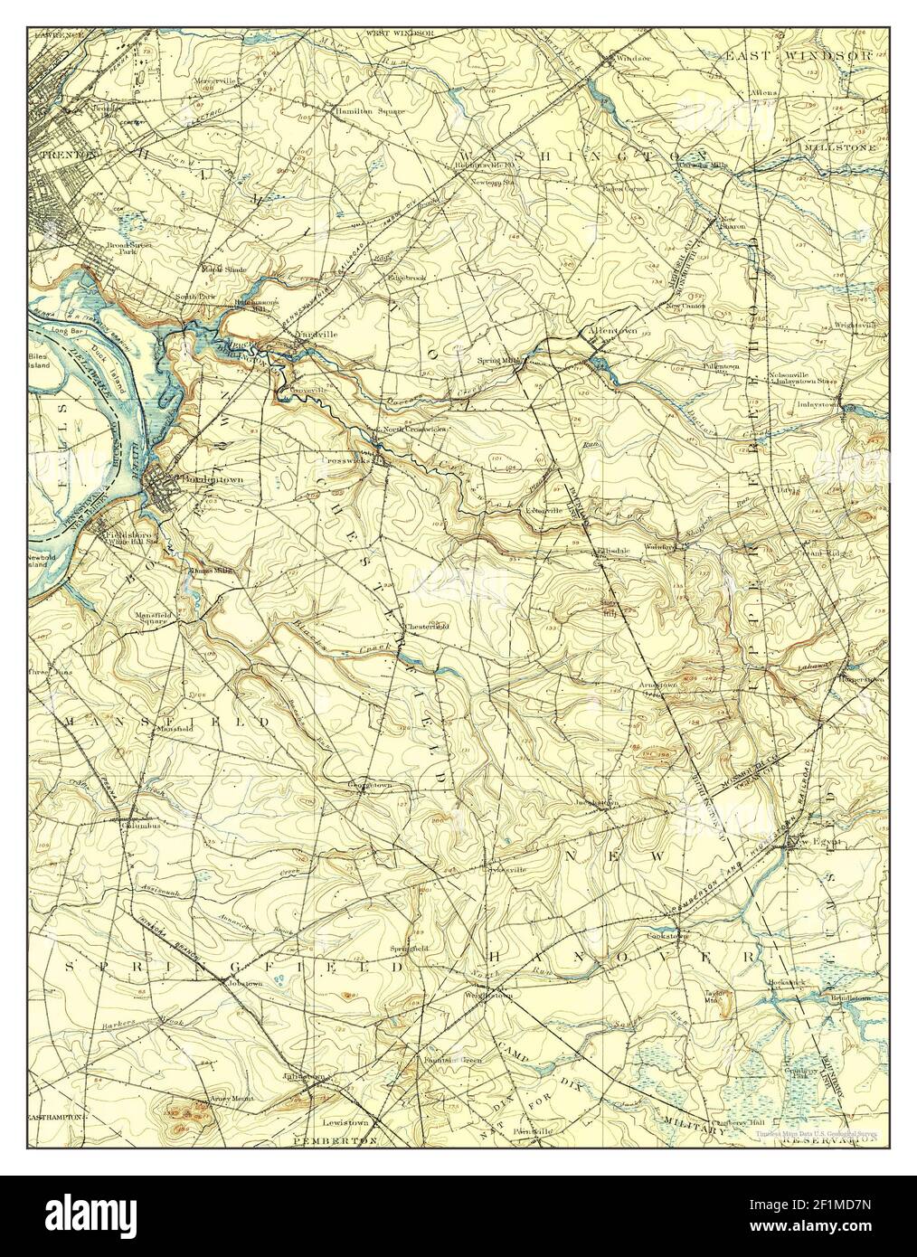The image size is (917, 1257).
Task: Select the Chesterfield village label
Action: coord(426,626)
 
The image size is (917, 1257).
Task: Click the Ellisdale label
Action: coord(611,551)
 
